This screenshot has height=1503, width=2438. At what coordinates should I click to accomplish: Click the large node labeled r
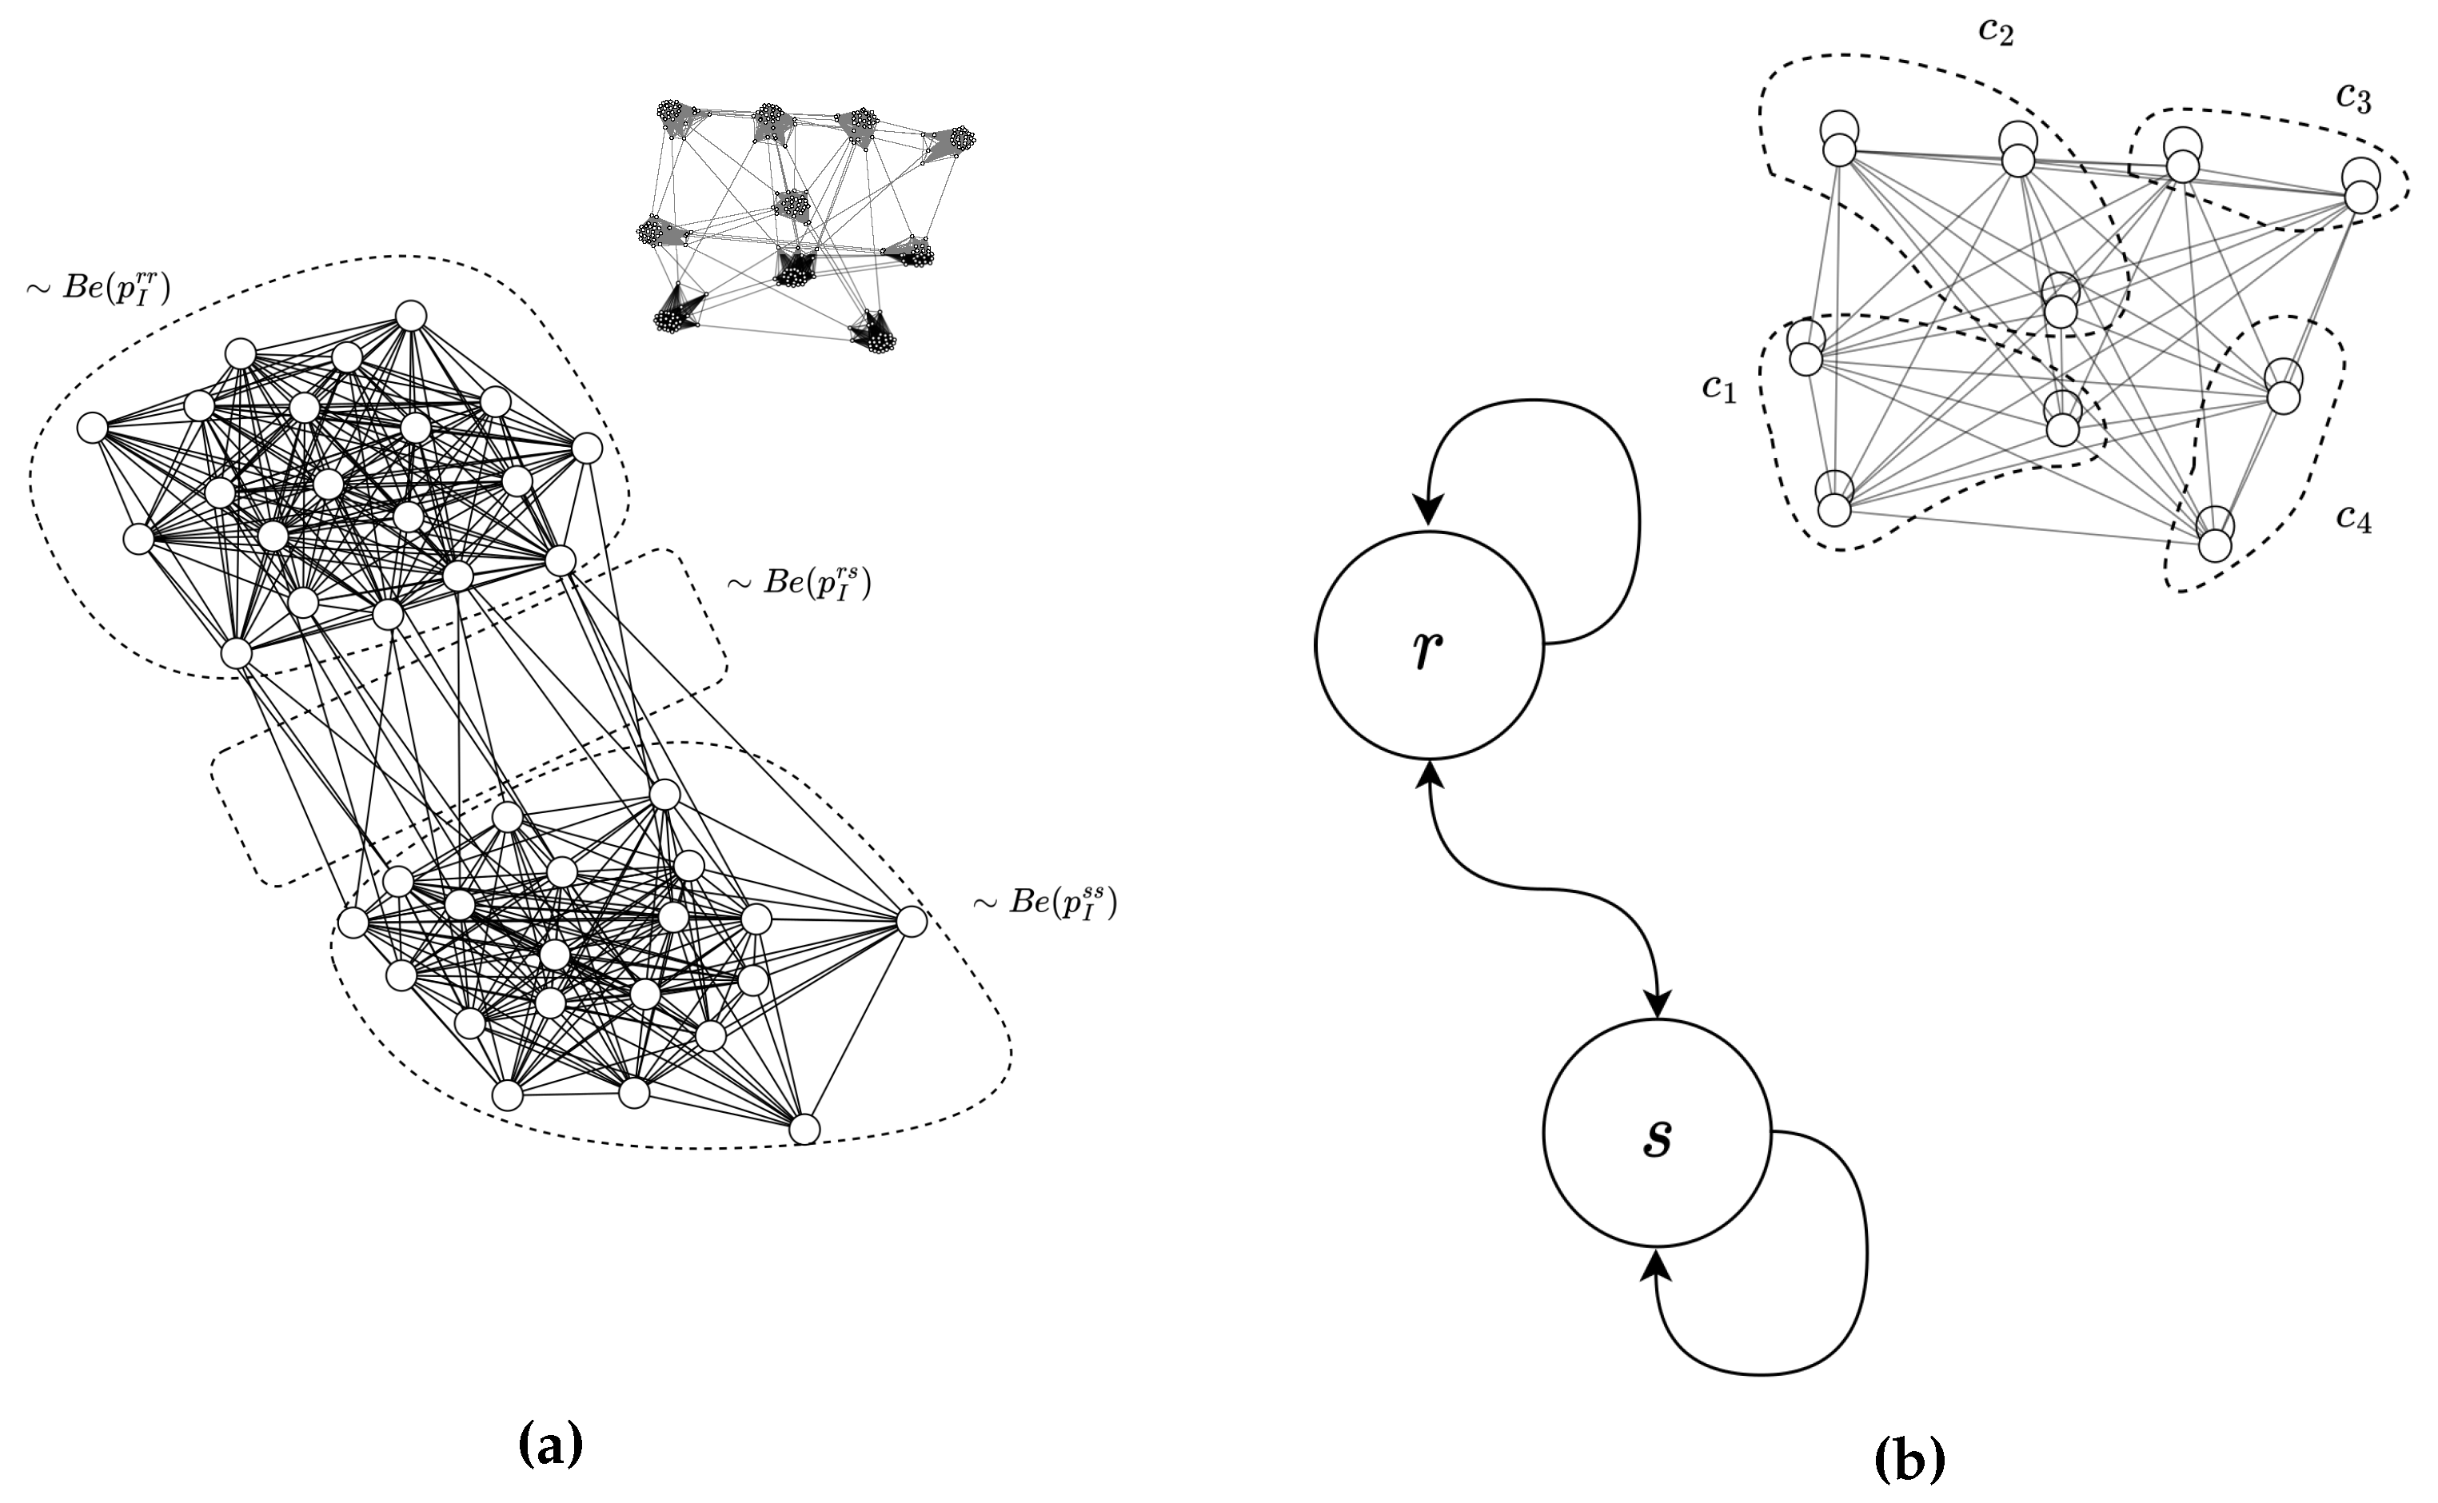[1429, 645]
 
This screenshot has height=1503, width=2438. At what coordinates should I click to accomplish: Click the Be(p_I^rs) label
[800, 584]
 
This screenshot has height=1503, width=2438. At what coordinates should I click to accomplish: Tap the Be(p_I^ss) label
[1045, 903]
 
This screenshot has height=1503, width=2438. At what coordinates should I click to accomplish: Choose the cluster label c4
[2353, 518]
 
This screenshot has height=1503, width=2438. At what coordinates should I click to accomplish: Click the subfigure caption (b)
[1909, 1459]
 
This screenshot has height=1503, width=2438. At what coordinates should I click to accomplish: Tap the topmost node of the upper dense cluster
[411, 316]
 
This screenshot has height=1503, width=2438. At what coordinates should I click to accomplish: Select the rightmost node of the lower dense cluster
[911, 922]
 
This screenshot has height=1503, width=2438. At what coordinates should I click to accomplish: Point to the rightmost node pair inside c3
[2360, 187]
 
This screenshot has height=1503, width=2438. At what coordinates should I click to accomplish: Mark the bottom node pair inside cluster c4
[2215, 536]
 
